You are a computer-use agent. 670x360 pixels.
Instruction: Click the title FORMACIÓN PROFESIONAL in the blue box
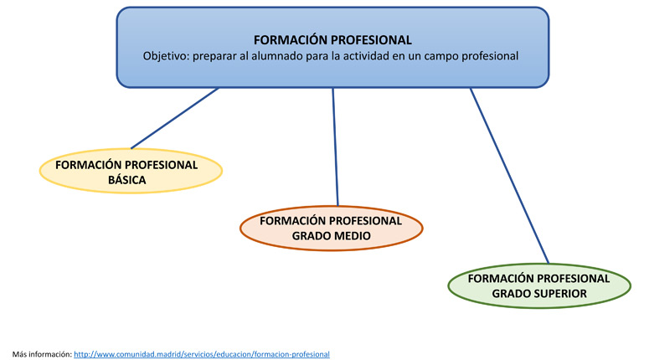click(332, 39)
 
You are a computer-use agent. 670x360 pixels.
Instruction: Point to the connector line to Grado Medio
click(335, 147)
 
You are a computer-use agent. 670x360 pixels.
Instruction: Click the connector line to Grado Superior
click(508, 176)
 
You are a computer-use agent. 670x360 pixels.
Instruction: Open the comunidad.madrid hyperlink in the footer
click(202, 354)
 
